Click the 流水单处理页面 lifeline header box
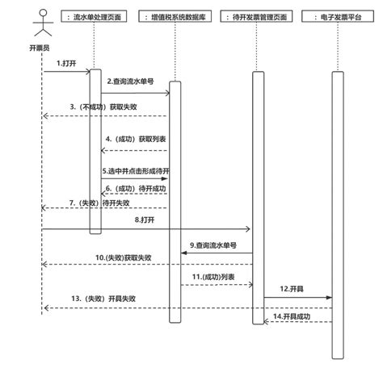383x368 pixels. click(x=95, y=15)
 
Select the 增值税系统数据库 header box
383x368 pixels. click(x=174, y=15)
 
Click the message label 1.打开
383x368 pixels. click(x=67, y=63)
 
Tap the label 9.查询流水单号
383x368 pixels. click(x=216, y=244)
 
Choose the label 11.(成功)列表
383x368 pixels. click(x=214, y=277)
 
